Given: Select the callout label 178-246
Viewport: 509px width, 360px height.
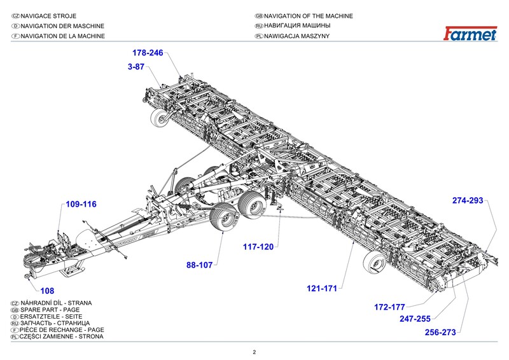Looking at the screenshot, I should pyautogui.click(x=148, y=53).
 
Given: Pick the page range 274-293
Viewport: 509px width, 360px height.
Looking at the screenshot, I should pyautogui.click(x=468, y=200).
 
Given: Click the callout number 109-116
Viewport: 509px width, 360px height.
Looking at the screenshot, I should pyautogui.click(x=81, y=204).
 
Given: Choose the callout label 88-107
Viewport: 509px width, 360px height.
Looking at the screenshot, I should pyautogui.click(x=199, y=265).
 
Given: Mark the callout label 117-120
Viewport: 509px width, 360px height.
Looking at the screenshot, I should pyautogui.click(x=258, y=246).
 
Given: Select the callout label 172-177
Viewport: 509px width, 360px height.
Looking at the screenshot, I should pyautogui.click(x=389, y=307).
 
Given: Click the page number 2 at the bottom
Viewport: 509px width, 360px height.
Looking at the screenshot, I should pyautogui.click(x=254, y=352).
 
